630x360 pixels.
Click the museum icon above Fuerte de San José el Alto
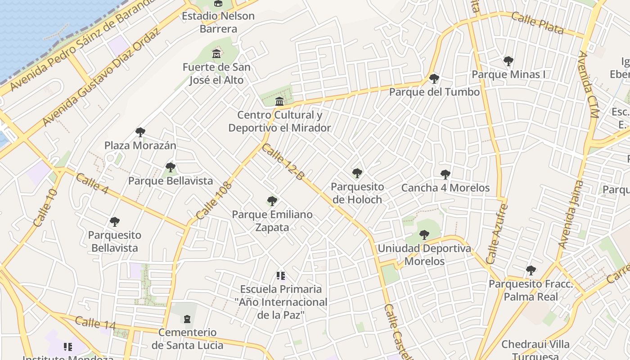[x=217, y=54]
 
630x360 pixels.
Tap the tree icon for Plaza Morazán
[x=140, y=132]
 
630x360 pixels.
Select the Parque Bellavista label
[x=171, y=181]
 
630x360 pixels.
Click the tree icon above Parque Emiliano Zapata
[x=272, y=201]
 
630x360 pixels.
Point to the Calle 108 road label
[x=214, y=200]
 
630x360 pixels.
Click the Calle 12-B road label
[x=283, y=162]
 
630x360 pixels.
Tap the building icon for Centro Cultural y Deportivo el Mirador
[x=279, y=101]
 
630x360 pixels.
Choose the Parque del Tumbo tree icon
[x=434, y=79]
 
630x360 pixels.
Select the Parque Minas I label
[x=508, y=74]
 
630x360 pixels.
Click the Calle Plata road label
[x=537, y=24]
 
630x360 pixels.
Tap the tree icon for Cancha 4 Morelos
[x=445, y=175]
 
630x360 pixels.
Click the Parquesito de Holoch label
[x=357, y=193]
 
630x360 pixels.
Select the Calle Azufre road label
[x=497, y=234]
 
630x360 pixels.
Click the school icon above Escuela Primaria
[x=281, y=275]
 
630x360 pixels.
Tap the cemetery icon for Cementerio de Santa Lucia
[x=187, y=319]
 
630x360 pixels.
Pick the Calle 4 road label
[x=92, y=184]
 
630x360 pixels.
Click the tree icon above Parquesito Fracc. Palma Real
[x=531, y=270]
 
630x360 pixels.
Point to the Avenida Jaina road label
[x=570, y=214]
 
